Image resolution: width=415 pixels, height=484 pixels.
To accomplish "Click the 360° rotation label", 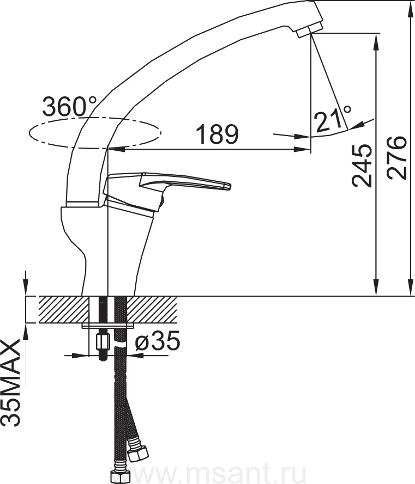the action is [70, 106].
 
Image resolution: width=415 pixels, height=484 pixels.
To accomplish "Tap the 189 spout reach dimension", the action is [218, 134].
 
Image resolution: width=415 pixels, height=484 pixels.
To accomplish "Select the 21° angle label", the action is [333, 118].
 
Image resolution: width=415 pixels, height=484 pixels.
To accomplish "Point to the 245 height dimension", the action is [362, 166].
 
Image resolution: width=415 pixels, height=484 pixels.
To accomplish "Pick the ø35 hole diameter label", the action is [157, 341].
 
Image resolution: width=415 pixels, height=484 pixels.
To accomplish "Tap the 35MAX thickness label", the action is [11, 383].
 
